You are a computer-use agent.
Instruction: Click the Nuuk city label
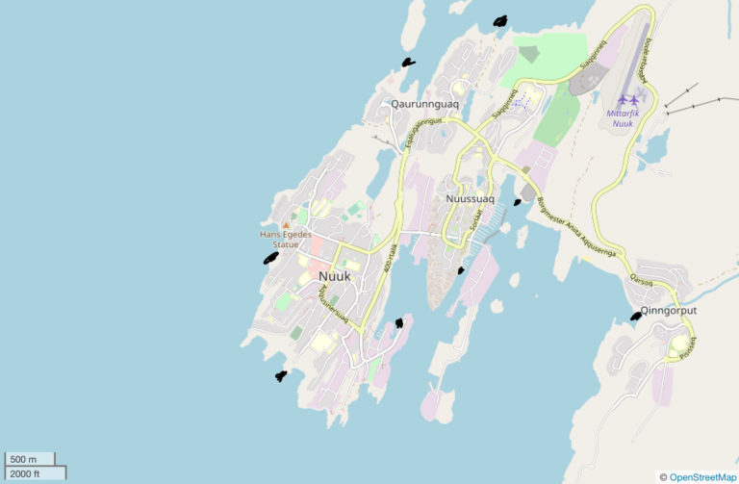[x=334, y=276]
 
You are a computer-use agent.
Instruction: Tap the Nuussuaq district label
[x=471, y=199]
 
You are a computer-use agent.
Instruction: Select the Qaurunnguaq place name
[x=424, y=104]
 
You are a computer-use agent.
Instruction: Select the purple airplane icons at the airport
[x=629, y=99]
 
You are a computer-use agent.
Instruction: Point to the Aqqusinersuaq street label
[x=337, y=306]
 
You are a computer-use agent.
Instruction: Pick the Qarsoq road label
[x=641, y=281]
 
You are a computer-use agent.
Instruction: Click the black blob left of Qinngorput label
[x=636, y=316]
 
